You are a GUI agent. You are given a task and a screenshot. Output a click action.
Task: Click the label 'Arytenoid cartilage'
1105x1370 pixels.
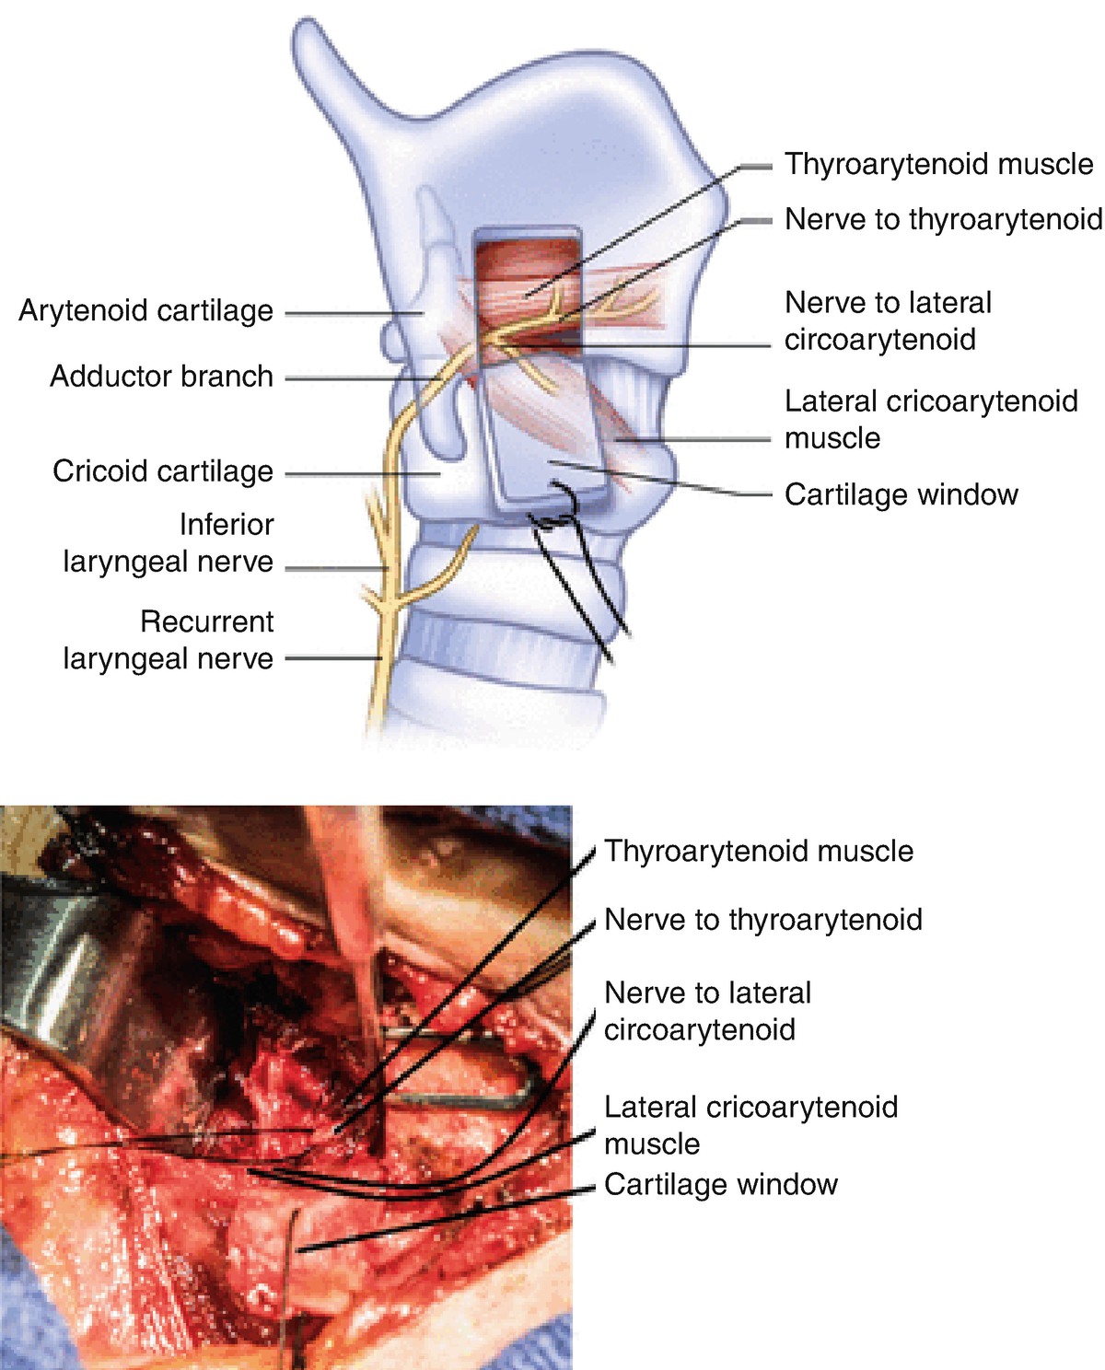pyautogui.click(x=145, y=311)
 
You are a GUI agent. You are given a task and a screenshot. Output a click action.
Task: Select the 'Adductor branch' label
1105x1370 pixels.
pyautogui.click(x=161, y=377)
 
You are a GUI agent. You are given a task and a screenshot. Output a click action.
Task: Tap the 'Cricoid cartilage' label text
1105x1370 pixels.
pyautogui.click(x=163, y=471)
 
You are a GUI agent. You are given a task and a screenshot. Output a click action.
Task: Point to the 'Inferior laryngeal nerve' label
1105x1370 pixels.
pyautogui.click(x=168, y=543)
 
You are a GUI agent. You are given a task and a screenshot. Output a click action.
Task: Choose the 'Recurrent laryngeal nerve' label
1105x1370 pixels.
pyautogui.click(x=168, y=641)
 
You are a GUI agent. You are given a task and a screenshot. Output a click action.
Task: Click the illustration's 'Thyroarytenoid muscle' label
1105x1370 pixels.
pyautogui.click(x=938, y=165)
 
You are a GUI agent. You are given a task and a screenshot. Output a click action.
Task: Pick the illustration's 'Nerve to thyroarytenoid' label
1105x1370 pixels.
pyautogui.click(x=943, y=220)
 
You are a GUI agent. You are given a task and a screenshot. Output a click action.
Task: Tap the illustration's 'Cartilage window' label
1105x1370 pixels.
pyautogui.click(x=901, y=495)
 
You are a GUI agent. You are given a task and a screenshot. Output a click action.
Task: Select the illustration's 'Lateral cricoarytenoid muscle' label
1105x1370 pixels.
pyautogui.click(x=930, y=420)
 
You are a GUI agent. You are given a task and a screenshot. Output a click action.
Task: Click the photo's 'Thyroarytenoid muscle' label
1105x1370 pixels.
pyautogui.click(x=759, y=852)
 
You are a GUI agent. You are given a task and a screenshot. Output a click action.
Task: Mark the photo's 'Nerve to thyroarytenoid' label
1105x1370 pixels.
pyautogui.click(x=762, y=920)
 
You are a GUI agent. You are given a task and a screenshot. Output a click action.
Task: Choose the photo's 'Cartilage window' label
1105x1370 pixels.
pyautogui.click(x=720, y=1185)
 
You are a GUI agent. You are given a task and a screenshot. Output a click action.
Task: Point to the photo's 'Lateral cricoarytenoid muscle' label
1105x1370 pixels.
pyautogui.click(x=750, y=1125)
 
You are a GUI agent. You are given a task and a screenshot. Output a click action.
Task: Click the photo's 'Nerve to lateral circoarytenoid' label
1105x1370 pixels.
pyautogui.click(x=707, y=1011)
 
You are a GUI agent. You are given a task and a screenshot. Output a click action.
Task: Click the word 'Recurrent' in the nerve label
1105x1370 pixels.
pyautogui.click(x=206, y=622)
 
